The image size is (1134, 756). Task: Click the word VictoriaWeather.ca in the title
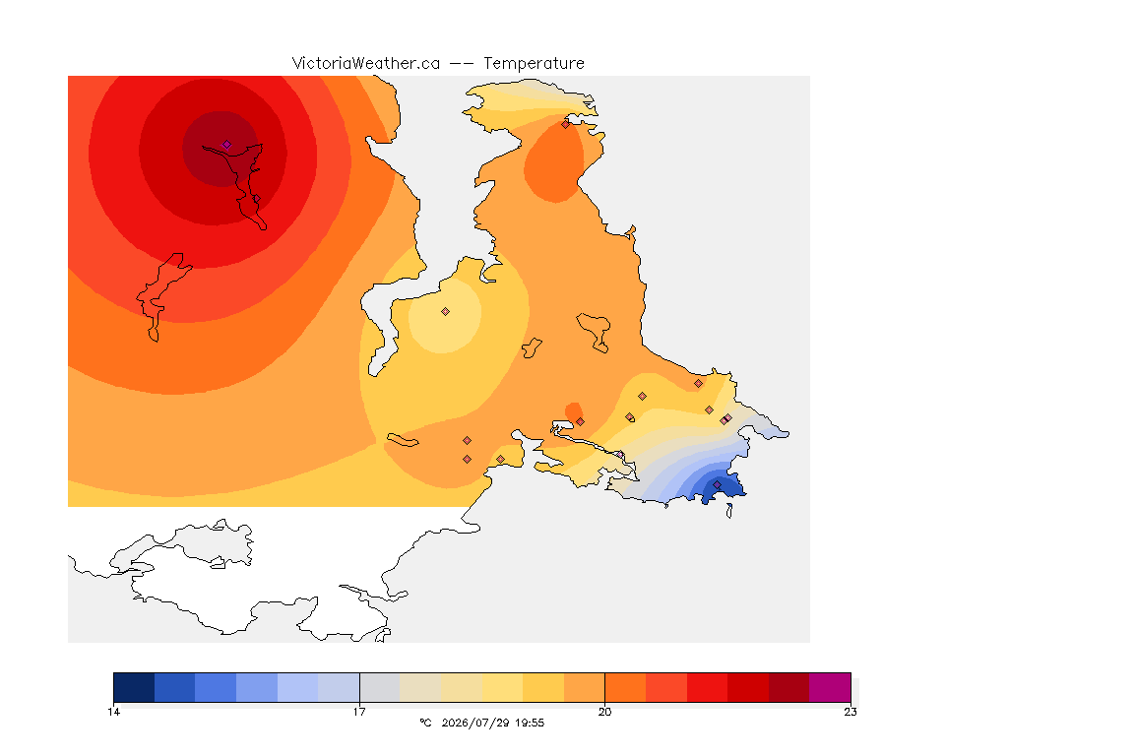[x=366, y=64]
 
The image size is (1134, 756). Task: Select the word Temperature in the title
[x=534, y=64]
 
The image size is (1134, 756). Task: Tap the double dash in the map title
[x=462, y=64]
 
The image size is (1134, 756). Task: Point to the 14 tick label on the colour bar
[x=113, y=712]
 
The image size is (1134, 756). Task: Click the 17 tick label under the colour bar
[x=359, y=712]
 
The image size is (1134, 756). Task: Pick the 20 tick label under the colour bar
[x=604, y=712]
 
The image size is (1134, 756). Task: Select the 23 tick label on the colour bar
[x=850, y=712]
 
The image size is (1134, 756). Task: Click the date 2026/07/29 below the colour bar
[x=475, y=723]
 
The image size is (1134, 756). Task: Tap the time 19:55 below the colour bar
[x=530, y=723]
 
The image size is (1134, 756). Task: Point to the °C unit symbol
[x=425, y=723]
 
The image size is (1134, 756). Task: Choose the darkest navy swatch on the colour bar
[x=134, y=687]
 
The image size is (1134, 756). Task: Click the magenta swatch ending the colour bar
[x=830, y=687]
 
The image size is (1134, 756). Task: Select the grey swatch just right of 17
[x=380, y=687]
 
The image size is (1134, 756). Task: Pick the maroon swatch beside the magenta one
[x=789, y=687]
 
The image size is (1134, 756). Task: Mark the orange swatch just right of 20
[x=625, y=687]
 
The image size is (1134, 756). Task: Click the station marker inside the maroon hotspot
[x=227, y=145]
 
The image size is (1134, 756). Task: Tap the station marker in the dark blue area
[x=717, y=484]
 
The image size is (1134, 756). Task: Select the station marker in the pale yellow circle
[x=446, y=312]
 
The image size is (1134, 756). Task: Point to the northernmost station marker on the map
[x=566, y=124]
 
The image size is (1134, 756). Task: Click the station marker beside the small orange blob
[x=580, y=421]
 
